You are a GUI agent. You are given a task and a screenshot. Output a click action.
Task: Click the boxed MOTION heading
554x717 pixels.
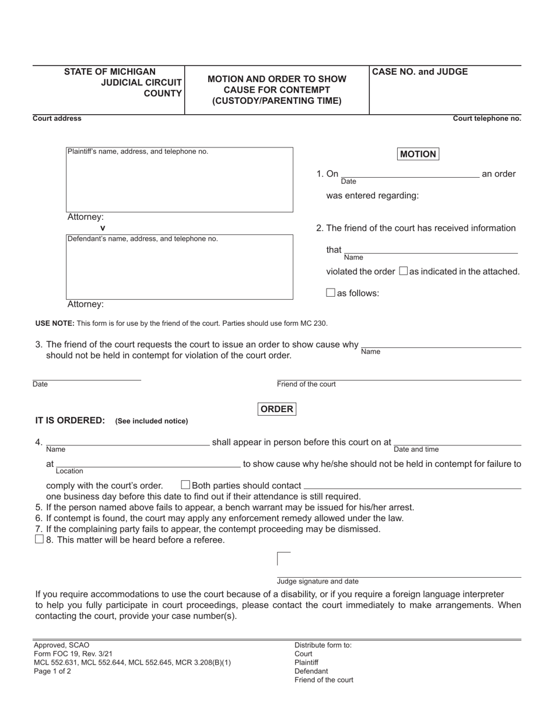(418, 154)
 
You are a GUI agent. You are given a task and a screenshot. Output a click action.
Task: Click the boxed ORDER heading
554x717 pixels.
(276, 409)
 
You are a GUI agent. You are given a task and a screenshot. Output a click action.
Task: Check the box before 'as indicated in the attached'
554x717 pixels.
(403, 271)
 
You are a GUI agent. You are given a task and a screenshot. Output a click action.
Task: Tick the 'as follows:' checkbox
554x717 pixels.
(331, 293)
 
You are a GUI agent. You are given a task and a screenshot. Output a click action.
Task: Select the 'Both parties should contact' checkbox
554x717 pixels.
(185, 485)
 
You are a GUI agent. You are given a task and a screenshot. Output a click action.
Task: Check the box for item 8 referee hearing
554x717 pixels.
(39, 540)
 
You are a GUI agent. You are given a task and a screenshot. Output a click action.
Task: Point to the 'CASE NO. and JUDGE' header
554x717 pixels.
(420, 72)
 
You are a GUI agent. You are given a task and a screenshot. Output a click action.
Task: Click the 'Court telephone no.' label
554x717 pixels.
(487, 118)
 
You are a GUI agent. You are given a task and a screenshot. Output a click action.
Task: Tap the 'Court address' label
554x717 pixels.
(57, 118)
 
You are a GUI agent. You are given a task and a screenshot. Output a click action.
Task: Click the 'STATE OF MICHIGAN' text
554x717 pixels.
(110, 72)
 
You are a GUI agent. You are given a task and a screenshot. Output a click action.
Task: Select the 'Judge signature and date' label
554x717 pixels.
(318, 581)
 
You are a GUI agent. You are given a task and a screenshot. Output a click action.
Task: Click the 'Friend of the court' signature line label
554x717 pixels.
(306, 384)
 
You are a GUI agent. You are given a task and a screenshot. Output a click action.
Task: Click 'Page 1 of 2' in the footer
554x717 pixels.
(52, 671)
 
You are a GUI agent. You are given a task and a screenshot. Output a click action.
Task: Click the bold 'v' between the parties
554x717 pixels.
(103, 228)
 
